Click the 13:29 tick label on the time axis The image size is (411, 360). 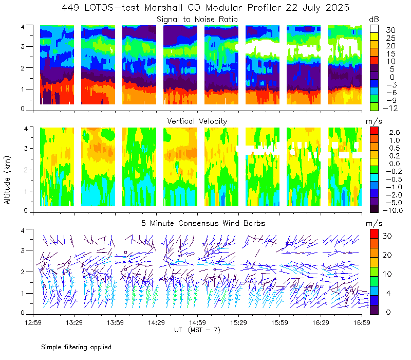(x=74, y=322)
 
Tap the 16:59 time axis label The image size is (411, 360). (x=362, y=322)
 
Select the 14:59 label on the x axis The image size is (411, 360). (x=197, y=322)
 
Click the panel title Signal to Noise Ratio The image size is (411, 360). (x=197, y=20)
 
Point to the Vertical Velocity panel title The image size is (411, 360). (x=197, y=121)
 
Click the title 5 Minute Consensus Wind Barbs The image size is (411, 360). (x=203, y=223)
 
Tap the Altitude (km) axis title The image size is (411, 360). (x=7, y=181)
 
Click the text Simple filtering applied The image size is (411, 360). (x=76, y=347)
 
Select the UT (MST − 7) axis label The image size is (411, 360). (x=197, y=330)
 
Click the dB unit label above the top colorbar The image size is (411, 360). (x=374, y=20)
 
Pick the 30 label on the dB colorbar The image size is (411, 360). (x=390, y=30)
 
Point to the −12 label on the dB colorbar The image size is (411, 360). (x=390, y=108)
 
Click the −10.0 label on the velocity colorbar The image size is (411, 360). (x=393, y=210)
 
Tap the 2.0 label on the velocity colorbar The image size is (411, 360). (x=395, y=133)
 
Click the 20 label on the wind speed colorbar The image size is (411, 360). (x=387, y=255)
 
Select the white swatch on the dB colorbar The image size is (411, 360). (x=374, y=29)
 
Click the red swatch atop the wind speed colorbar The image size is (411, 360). (x=374, y=234)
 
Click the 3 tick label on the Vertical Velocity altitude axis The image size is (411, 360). (x=26, y=148)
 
